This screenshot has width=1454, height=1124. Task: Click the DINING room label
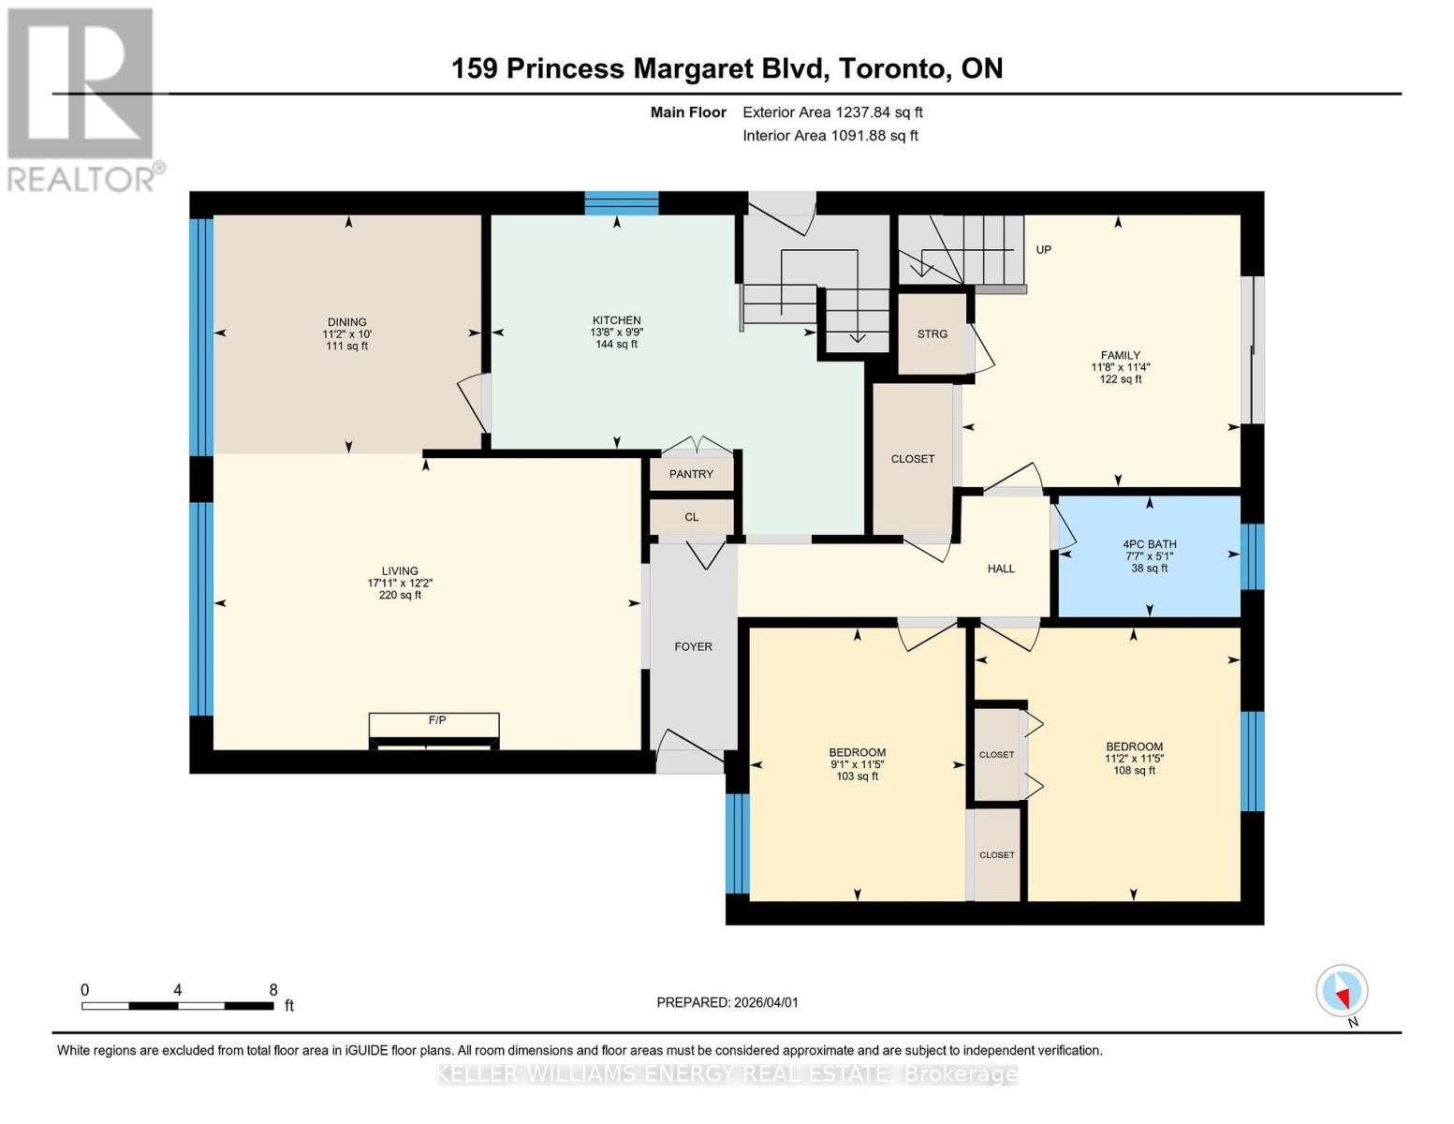pos(346,321)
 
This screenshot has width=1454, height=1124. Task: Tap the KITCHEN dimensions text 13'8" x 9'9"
pos(616,333)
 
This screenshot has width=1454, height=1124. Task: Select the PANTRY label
pos(691,474)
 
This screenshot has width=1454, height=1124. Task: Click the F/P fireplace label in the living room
pos(436,720)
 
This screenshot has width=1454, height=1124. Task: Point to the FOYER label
pos(693,646)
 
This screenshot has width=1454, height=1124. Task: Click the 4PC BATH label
pos(1150,544)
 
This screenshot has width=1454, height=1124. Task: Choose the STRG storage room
pos(932,334)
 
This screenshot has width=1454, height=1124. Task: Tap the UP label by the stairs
pos(1043,249)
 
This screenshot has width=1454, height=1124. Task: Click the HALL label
pos(1001,569)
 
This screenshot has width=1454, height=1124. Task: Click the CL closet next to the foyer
pos(691,517)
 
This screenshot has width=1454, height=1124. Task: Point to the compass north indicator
pos(1343,991)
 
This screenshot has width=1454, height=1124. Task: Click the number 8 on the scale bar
pos(273,989)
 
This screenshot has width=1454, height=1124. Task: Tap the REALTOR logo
pos(82,98)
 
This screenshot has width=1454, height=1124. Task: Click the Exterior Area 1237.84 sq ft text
pos(832,112)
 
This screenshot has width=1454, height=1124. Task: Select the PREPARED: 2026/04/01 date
pos(727,1002)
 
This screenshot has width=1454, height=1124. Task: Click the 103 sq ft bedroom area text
pos(857,776)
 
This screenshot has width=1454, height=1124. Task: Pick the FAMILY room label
pos(1120,355)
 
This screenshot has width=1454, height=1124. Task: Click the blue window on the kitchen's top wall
pos(622,202)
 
